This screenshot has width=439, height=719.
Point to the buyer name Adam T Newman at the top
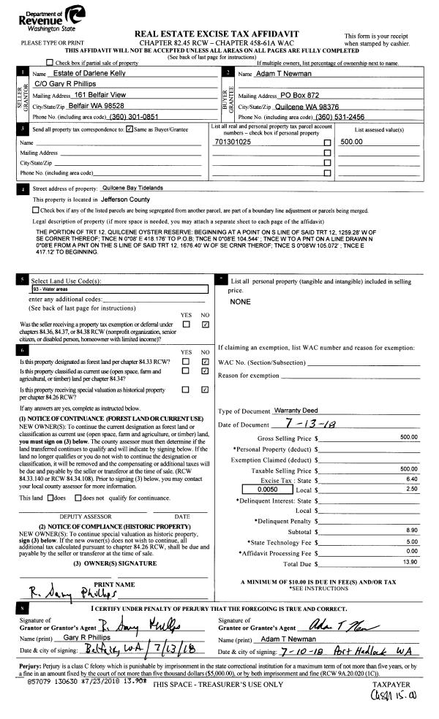click(x=281, y=75)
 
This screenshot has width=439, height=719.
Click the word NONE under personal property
click(x=240, y=301)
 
